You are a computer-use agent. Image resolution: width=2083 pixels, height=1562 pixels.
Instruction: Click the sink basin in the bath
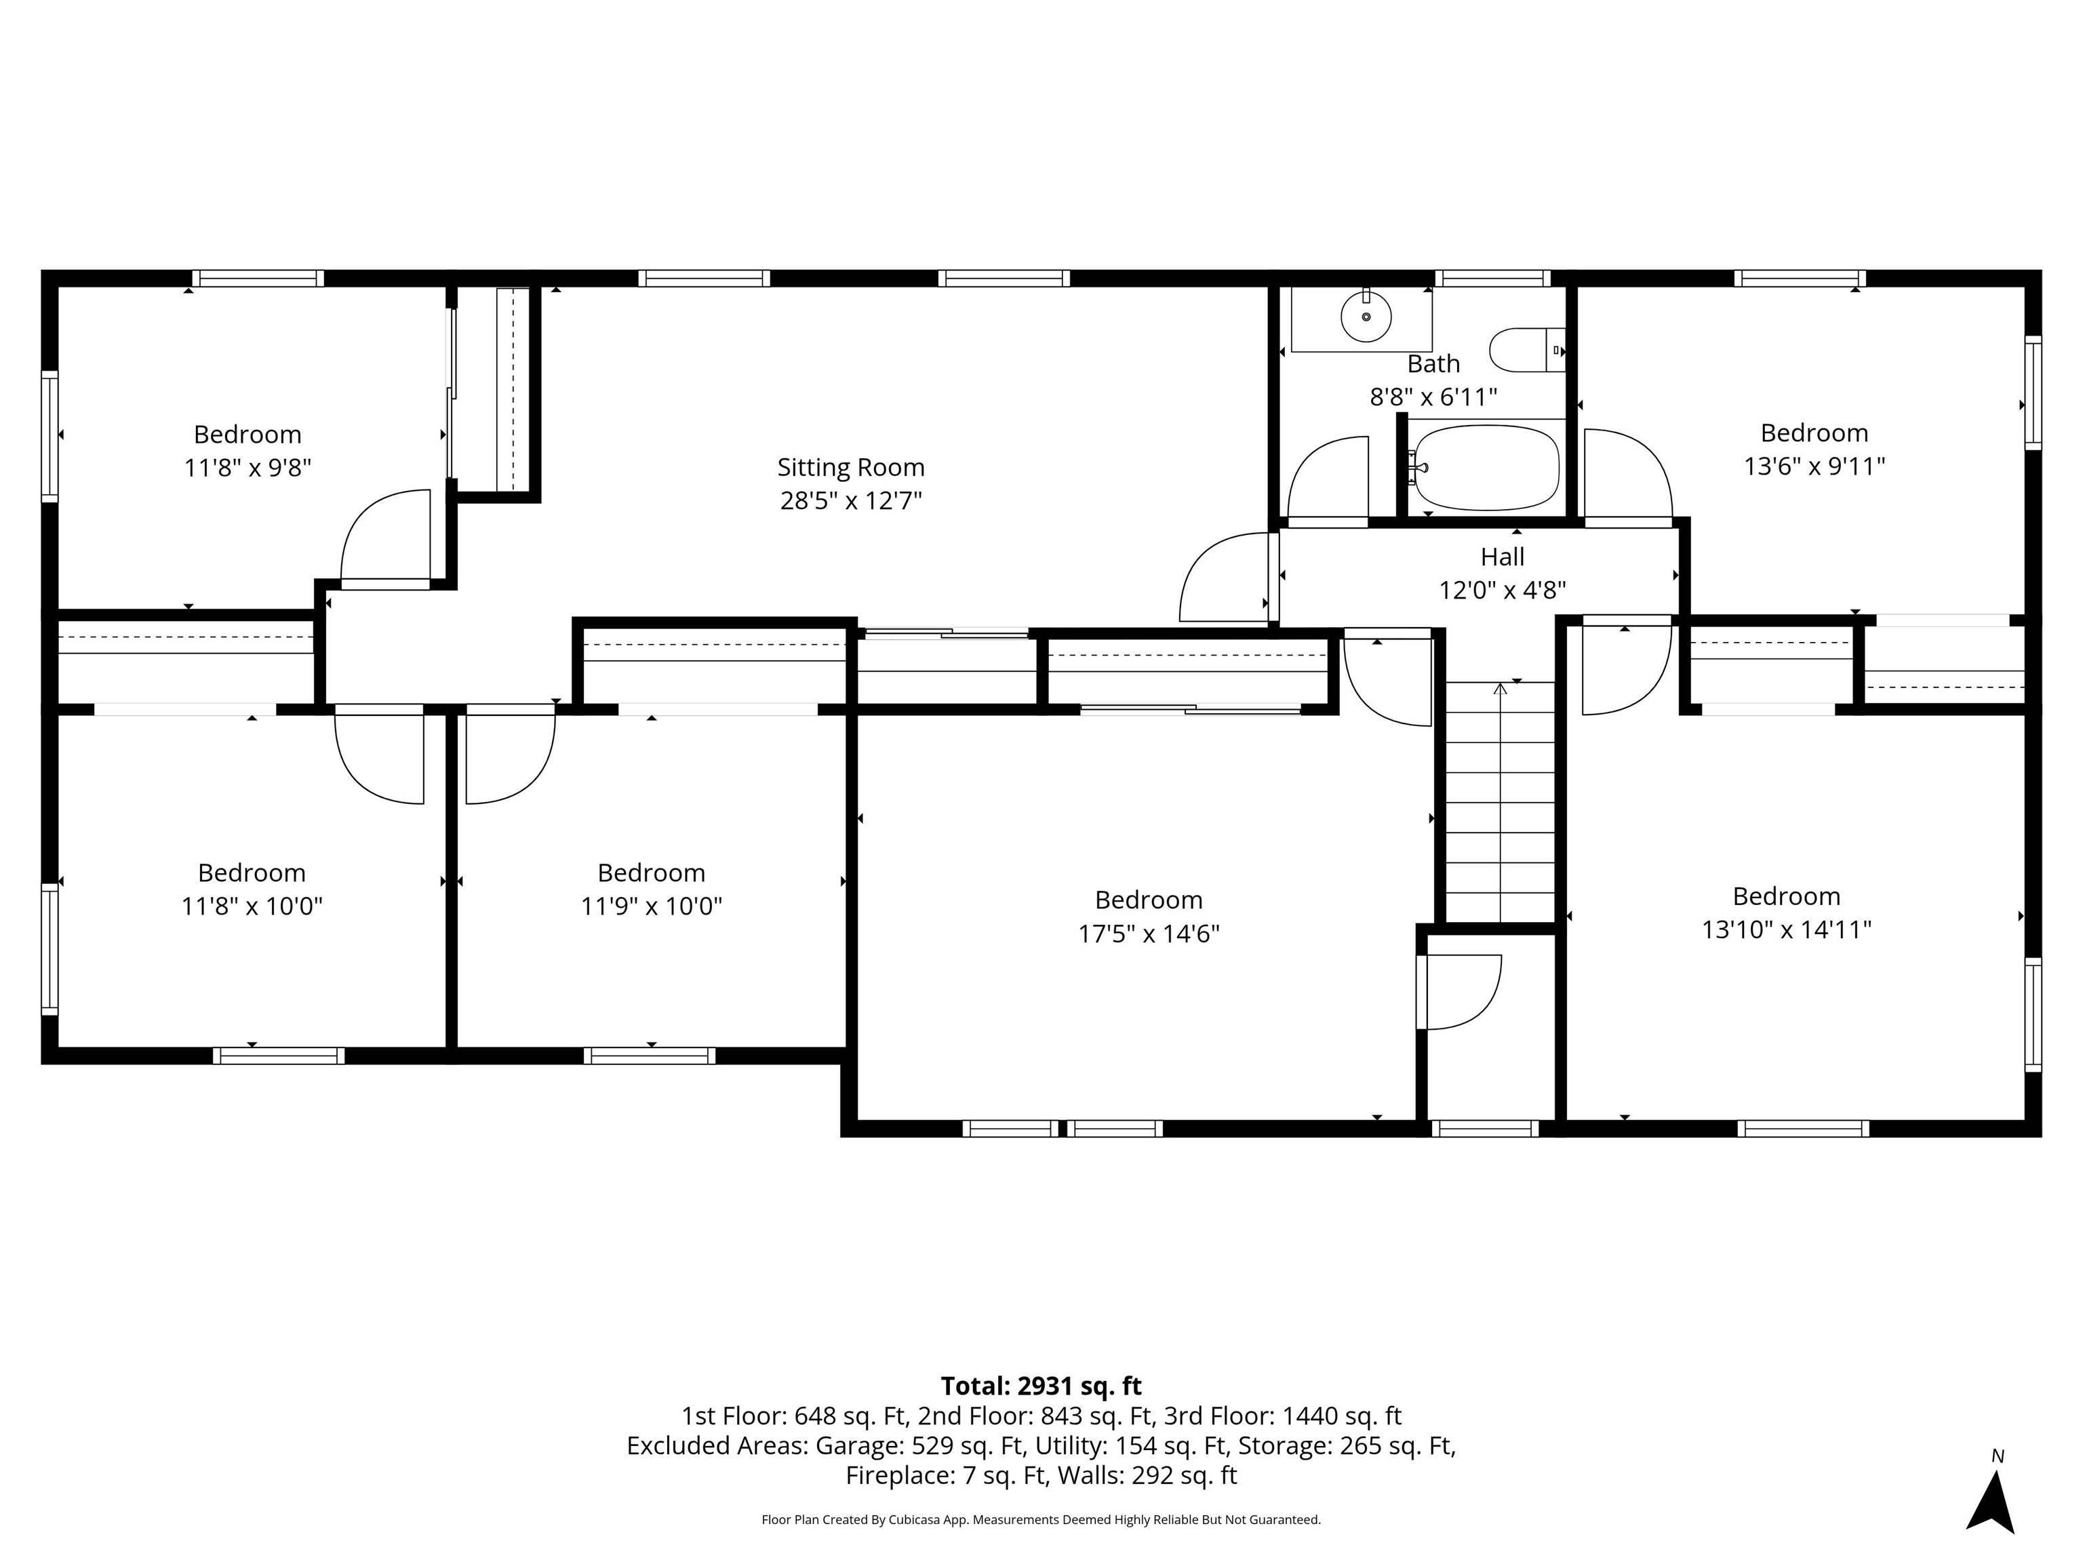click(x=1366, y=318)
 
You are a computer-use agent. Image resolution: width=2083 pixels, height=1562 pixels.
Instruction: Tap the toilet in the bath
click(x=1524, y=351)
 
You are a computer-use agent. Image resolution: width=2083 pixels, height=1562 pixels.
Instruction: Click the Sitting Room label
click(x=850, y=467)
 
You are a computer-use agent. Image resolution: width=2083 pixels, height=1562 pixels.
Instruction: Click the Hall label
click(x=1502, y=557)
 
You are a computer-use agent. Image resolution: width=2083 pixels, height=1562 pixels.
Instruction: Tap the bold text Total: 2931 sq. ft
click(x=1041, y=1386)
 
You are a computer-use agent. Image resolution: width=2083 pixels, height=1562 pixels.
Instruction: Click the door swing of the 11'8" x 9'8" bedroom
click(x=381, y=537)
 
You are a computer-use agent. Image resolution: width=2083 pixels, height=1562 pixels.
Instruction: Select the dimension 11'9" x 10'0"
click(x=651, y=906)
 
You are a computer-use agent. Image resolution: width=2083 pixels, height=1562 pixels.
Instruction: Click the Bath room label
click(x=1433, y=363)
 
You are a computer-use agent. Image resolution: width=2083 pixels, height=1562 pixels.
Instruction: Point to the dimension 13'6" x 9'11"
click(x=1814, y=466)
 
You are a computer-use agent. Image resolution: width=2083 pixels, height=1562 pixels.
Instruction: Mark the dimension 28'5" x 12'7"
click(x=850, y=500)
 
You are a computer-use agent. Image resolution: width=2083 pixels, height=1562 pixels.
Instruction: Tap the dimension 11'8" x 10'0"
click(x=252, y=906)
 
